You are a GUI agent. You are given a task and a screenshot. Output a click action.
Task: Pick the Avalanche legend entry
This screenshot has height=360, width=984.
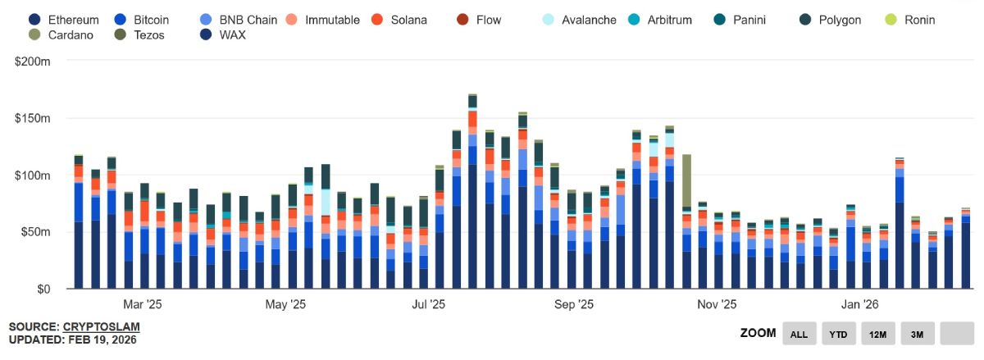579,19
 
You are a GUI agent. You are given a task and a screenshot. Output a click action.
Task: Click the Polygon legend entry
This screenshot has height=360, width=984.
831,19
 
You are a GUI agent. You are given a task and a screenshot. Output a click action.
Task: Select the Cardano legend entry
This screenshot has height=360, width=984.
63,34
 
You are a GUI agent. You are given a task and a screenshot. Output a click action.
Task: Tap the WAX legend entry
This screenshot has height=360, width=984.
224,34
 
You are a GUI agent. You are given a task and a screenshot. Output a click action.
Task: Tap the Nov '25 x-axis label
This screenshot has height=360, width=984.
717,304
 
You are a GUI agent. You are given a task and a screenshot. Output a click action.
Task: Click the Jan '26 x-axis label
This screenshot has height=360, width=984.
860,304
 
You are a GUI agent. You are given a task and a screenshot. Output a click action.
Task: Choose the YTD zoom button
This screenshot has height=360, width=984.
838,333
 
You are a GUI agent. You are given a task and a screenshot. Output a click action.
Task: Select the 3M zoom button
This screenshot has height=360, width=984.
917,333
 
